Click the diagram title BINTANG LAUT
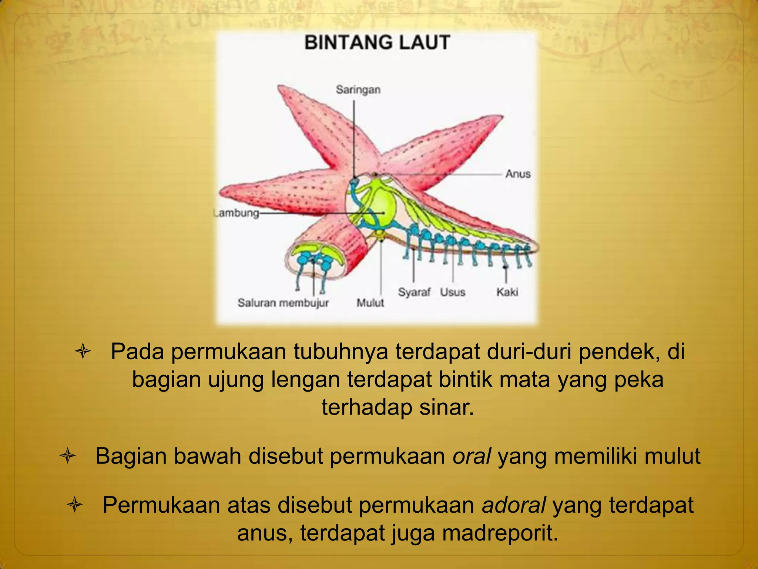click(x=377, y=43)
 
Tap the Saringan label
click(x=358, y=90)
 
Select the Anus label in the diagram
click(x=518, y=174)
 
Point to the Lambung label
click(x=237, y=213)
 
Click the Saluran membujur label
click(x=283, y=303)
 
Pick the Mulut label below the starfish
click(x=370, y=303)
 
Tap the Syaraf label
click(x=414, y=292)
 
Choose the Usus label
click(x=452, y=292)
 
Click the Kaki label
click(x=507, y=292)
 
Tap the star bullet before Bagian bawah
click(x=67, y=456)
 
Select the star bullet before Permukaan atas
click(x=75, y=505)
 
